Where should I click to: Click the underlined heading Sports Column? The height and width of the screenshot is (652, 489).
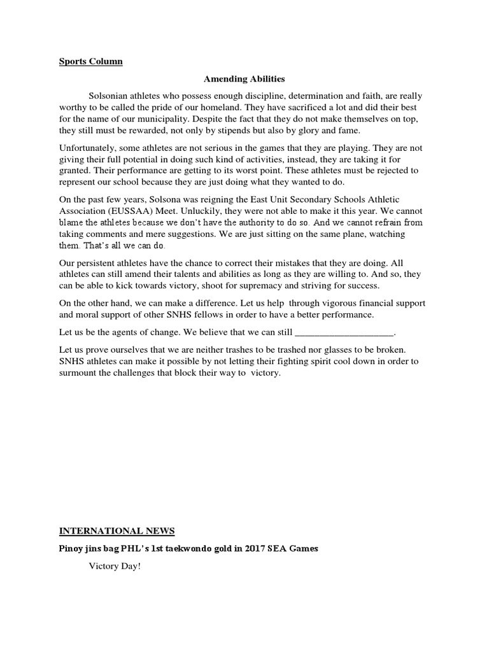click(91, 62)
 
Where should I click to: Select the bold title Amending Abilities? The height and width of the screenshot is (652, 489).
click(244, 79)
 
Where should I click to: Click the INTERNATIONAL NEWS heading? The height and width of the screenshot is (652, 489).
click(117, 530)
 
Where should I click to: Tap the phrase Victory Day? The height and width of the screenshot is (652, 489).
click(114, 565)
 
